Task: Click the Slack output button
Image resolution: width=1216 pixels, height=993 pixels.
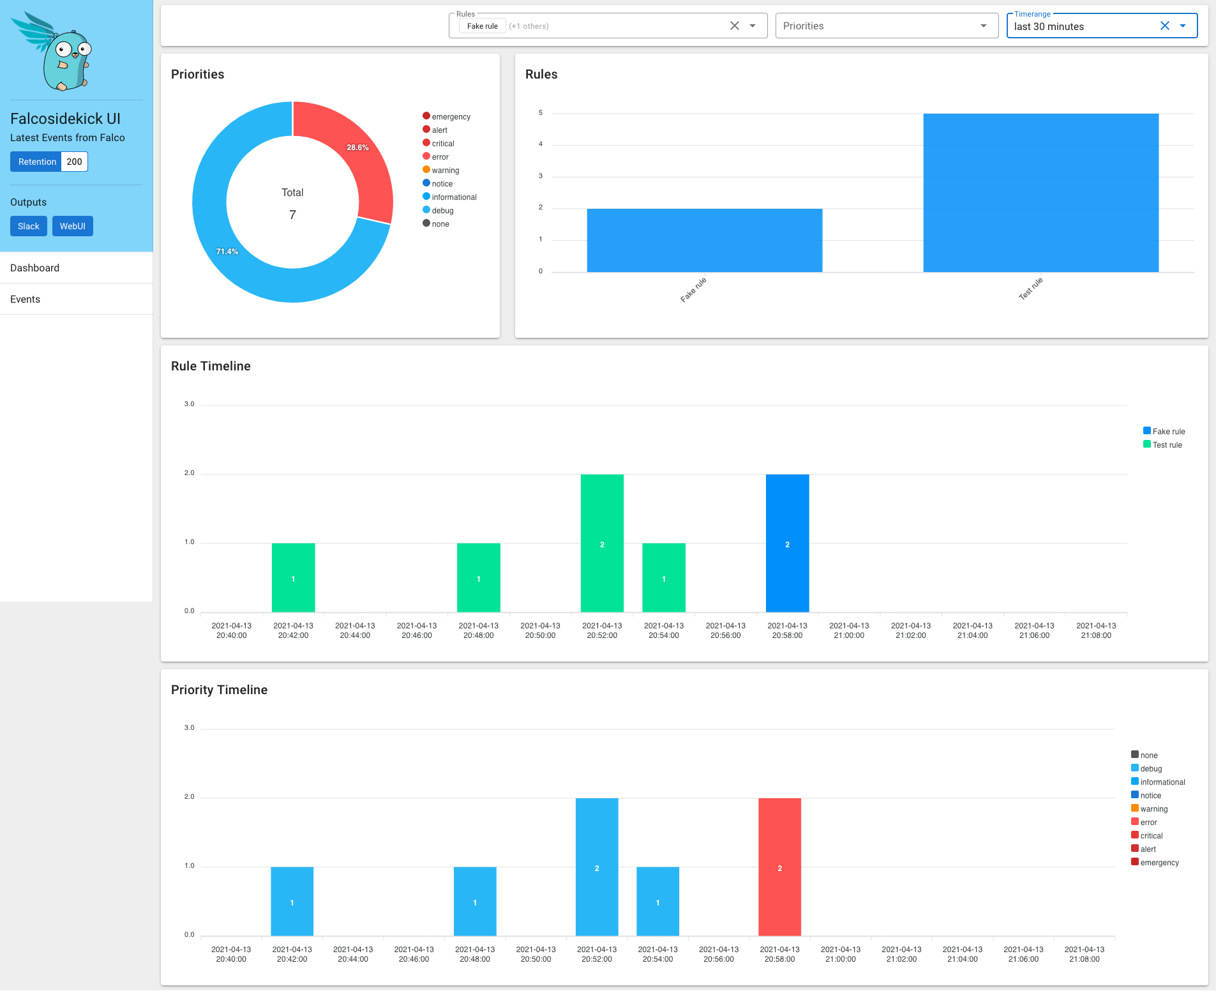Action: pos(29,226)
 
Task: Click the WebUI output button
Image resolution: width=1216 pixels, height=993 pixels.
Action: pos(73,226)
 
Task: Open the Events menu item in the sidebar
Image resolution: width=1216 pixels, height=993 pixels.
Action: pos(26,299)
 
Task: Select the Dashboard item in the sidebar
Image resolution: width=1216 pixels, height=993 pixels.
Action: pos(35,268)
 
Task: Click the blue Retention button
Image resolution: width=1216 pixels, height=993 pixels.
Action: pos(36,162)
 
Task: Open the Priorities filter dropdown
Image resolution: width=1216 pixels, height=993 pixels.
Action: pos(886,26)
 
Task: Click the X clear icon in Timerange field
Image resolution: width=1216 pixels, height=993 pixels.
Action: pos(1164,26)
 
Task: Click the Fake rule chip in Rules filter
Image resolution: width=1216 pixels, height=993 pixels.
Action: pos(482,26)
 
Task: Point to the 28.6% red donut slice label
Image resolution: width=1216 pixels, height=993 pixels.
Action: pos(357,148)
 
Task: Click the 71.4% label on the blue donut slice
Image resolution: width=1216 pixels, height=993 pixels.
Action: pos(227,252)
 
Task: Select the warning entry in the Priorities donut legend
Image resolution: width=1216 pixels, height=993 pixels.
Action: pos(445,171)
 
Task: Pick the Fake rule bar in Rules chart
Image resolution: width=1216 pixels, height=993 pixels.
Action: pos(704,240)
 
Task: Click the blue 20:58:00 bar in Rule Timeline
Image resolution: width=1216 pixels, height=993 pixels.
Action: pos(787,543)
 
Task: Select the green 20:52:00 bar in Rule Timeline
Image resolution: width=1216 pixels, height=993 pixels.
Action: pos(602,543)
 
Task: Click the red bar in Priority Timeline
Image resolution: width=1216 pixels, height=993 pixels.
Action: pos(779,867)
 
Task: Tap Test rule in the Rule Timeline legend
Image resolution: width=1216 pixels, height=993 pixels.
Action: pos(1167,445)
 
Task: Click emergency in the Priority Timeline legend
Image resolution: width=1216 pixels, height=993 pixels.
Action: pos(1159,863)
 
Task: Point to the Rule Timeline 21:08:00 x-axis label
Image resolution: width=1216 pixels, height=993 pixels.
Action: pos(1096,631)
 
